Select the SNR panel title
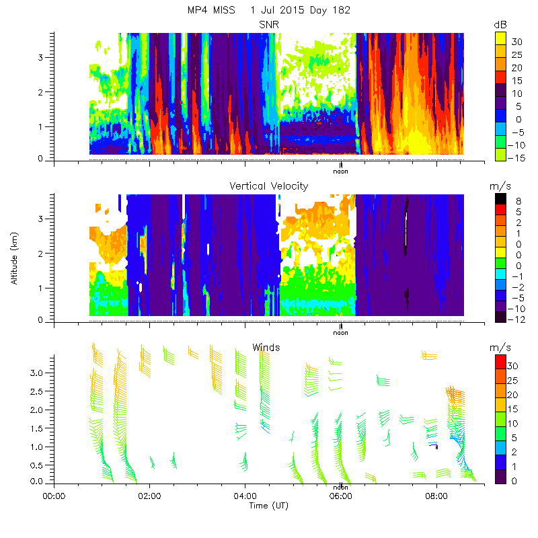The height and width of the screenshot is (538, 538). [x=268, y=25]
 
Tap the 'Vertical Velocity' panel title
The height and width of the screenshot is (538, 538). [x=268, y=186]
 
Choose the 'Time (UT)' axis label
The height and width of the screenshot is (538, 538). [x=268, y=505]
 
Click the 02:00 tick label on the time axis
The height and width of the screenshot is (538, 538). [x=149, y=496]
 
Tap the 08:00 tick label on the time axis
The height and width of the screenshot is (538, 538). [x=437, y=496]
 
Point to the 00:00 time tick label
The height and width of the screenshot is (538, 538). [x=54, y=496]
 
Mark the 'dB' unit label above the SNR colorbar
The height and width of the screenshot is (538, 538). [x=500, y=25]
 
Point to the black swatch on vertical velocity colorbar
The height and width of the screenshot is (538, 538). [x=500, y=199]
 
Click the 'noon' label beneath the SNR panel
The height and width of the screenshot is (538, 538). [x=341, y=171]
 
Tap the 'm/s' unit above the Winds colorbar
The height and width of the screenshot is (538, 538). [x=501, y=348]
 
